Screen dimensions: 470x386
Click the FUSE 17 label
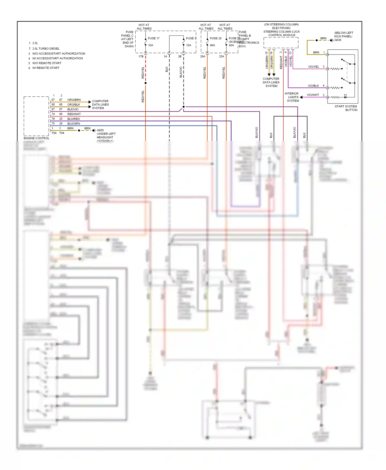click(x=154, y=38)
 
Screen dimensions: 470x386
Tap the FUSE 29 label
click(x=215, y=38)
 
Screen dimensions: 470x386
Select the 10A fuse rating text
click(x=151, y=45)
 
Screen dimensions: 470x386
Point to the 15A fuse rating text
click(x=189, y=45)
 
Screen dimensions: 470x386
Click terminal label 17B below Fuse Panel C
click(x=141, y=57)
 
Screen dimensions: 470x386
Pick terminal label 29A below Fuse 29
click(x=203, y=57)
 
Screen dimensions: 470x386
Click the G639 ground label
click(x=338, y=40)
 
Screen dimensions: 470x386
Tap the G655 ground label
click(x=100, y=130)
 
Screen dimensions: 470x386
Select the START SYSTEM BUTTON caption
click(x=346, y=108)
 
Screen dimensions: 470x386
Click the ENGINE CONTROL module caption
click(x=36, y=138)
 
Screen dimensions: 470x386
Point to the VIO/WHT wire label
click(x=313, y=95)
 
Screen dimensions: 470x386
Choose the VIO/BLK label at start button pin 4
click(x=313, y=86)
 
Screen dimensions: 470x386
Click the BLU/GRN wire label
click(x=74, y=124)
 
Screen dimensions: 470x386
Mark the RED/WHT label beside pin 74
click(x=74, y=114)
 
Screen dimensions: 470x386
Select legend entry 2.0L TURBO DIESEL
click(x=46, y=49)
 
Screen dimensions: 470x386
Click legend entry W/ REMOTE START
click(x=46, y=68)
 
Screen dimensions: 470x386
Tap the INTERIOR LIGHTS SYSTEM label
click(x=292, y=97)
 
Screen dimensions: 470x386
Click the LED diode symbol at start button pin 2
click(x=345, y=97)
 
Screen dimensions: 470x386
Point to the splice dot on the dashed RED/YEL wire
click(x=146, y=83)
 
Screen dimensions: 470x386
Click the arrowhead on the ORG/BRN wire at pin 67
click(x=90, y=102)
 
